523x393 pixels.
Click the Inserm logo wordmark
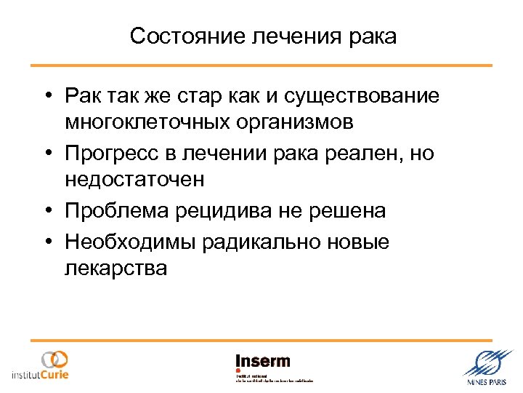263,362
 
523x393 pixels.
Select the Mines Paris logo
486,367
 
